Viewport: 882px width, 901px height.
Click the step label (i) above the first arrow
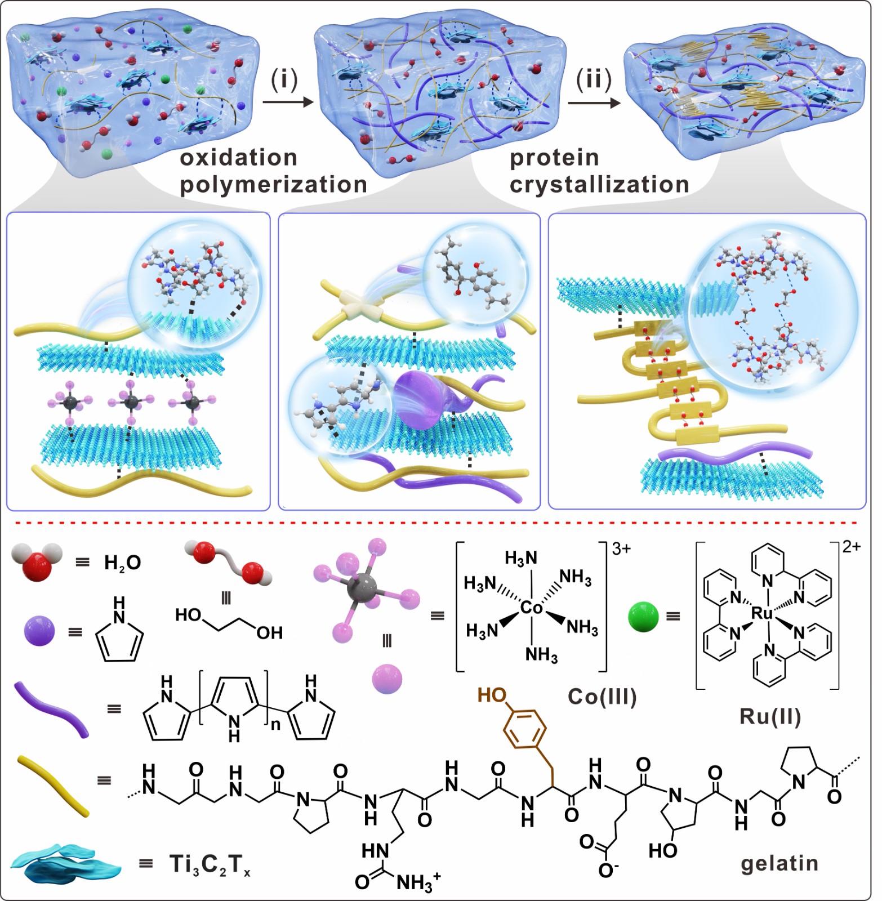coord(284,79)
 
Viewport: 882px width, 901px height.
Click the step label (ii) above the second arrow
coord(594,79)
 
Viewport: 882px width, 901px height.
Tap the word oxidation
coord(238,158)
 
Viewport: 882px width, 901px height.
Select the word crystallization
coord(599,185)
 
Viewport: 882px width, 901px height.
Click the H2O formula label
coord(122,562)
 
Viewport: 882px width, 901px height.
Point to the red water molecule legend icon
coord(37,561)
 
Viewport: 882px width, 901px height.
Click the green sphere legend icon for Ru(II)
coord(643,617)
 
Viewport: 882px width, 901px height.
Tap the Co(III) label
coord(602,697)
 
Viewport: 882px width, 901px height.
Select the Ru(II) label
coord(770,717)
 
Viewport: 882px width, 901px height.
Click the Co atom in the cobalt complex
coord(531,608)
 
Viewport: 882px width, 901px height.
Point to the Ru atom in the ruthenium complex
coord(762,613)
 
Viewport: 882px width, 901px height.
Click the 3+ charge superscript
coord(621,548)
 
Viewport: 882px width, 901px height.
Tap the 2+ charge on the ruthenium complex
coord(852,546)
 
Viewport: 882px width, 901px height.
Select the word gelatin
coord(779,863)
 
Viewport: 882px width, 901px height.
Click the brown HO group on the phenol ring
coord(492,695)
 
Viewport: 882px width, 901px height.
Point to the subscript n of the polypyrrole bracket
coord(275,725)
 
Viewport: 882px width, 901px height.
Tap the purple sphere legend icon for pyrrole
coord(39,631)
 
